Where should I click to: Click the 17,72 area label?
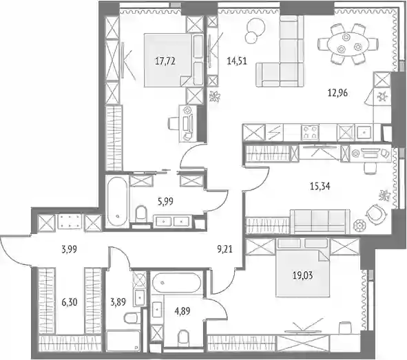point(165,61)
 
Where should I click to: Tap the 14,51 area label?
point(237,61)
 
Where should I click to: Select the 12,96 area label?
point(337,93)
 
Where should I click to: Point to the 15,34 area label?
point(320,187)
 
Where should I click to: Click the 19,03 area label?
point(302,275)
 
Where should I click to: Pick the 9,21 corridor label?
point(225,249)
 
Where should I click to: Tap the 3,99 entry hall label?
point(70,249)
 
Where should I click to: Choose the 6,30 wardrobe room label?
point(70,302)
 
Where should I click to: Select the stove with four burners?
point(310,131)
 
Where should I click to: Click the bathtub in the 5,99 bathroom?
point(118,202)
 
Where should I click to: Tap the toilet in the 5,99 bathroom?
point(141,213)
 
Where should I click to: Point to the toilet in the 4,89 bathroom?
point(183,338)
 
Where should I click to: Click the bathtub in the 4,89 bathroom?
point(176,282)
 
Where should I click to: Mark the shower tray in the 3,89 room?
point(123,341)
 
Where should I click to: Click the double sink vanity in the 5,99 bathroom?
point(173,221)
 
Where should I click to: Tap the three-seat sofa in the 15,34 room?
point(320,221)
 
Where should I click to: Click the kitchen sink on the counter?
point(364,132)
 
